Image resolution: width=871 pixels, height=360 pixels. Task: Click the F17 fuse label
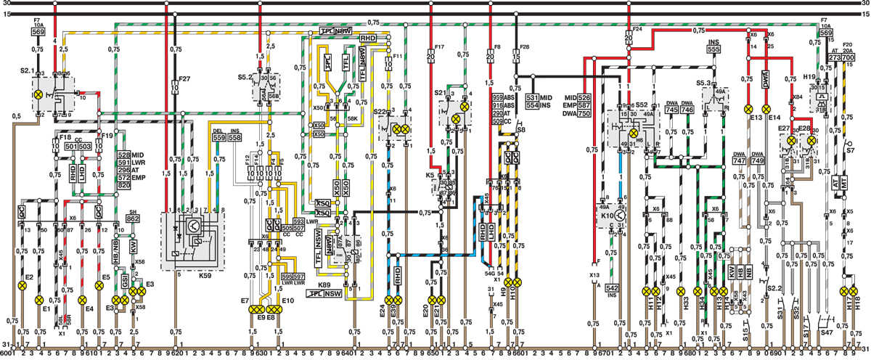(440, 49)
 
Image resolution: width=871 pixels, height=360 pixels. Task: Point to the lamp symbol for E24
(389, 299)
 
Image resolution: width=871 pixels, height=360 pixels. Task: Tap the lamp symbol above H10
(518, 282)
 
